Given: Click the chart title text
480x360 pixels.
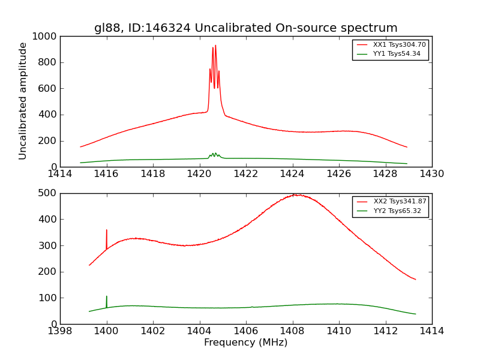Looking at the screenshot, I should [x=245, y=28].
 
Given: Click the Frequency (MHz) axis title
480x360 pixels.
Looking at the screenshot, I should [x=245, y=343].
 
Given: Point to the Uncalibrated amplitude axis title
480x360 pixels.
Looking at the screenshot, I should [x=23, y=101].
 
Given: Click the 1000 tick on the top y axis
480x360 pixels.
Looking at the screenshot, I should [x=46, y=37].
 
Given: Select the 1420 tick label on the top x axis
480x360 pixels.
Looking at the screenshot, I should [x=199, y=174].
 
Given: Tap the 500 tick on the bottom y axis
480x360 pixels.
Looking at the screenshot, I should [x=48, y=193].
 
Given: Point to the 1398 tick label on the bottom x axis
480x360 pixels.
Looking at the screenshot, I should [x=60, y=331].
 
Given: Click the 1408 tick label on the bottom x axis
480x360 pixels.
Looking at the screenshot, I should [x=292, y=331].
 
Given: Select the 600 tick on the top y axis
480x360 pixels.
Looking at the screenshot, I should [x=48, y=89].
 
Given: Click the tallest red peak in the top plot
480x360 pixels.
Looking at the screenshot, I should [x=215, y=46].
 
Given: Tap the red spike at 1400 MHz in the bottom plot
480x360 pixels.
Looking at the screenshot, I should [x=107, y=231].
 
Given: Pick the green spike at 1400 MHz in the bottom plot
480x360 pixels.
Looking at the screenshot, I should [x=107, y=297].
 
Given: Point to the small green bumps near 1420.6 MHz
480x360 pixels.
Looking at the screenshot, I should [x=214, y=155].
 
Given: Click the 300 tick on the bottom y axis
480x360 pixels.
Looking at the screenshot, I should [x=48, y=245].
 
